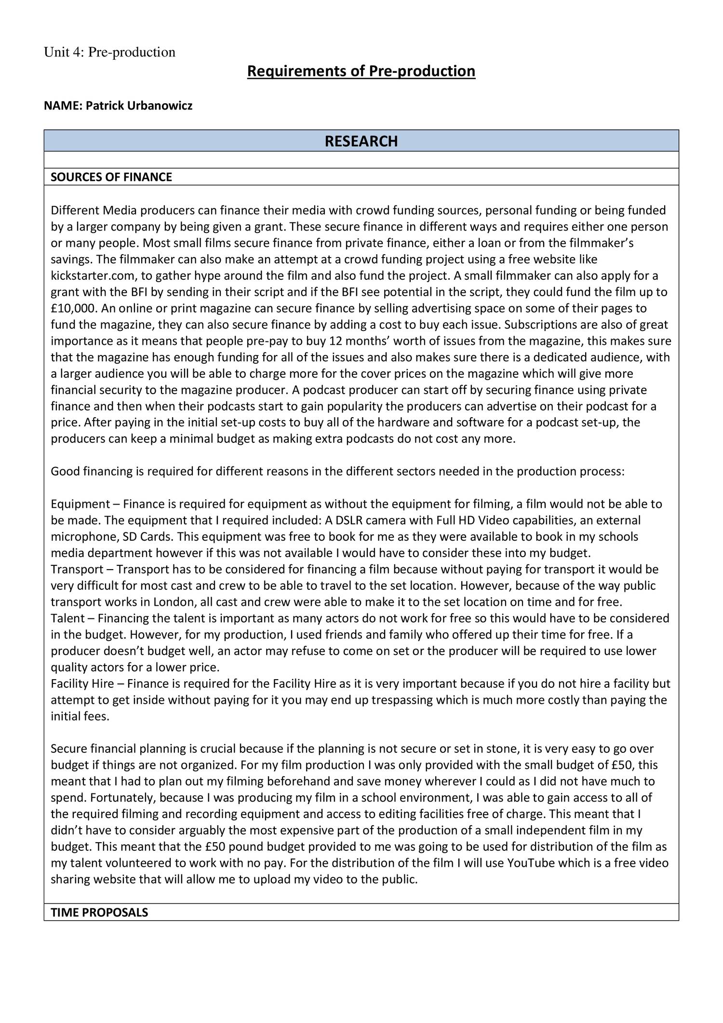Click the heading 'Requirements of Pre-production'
361,71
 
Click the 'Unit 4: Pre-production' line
109,52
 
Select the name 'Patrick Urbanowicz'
139,106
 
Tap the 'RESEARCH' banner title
361,141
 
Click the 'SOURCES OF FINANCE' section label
111,177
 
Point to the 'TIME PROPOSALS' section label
99,913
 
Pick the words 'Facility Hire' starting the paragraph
82,683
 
